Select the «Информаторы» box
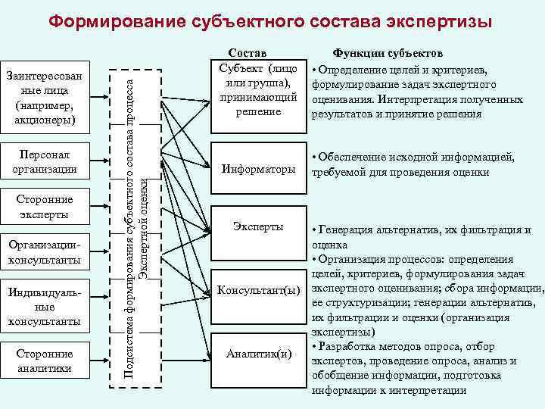[x=258, y=170]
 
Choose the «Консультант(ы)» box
[x=258, y=289]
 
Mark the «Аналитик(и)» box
[x=258, y=352]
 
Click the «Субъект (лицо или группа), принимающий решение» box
[x=258, y=89]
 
